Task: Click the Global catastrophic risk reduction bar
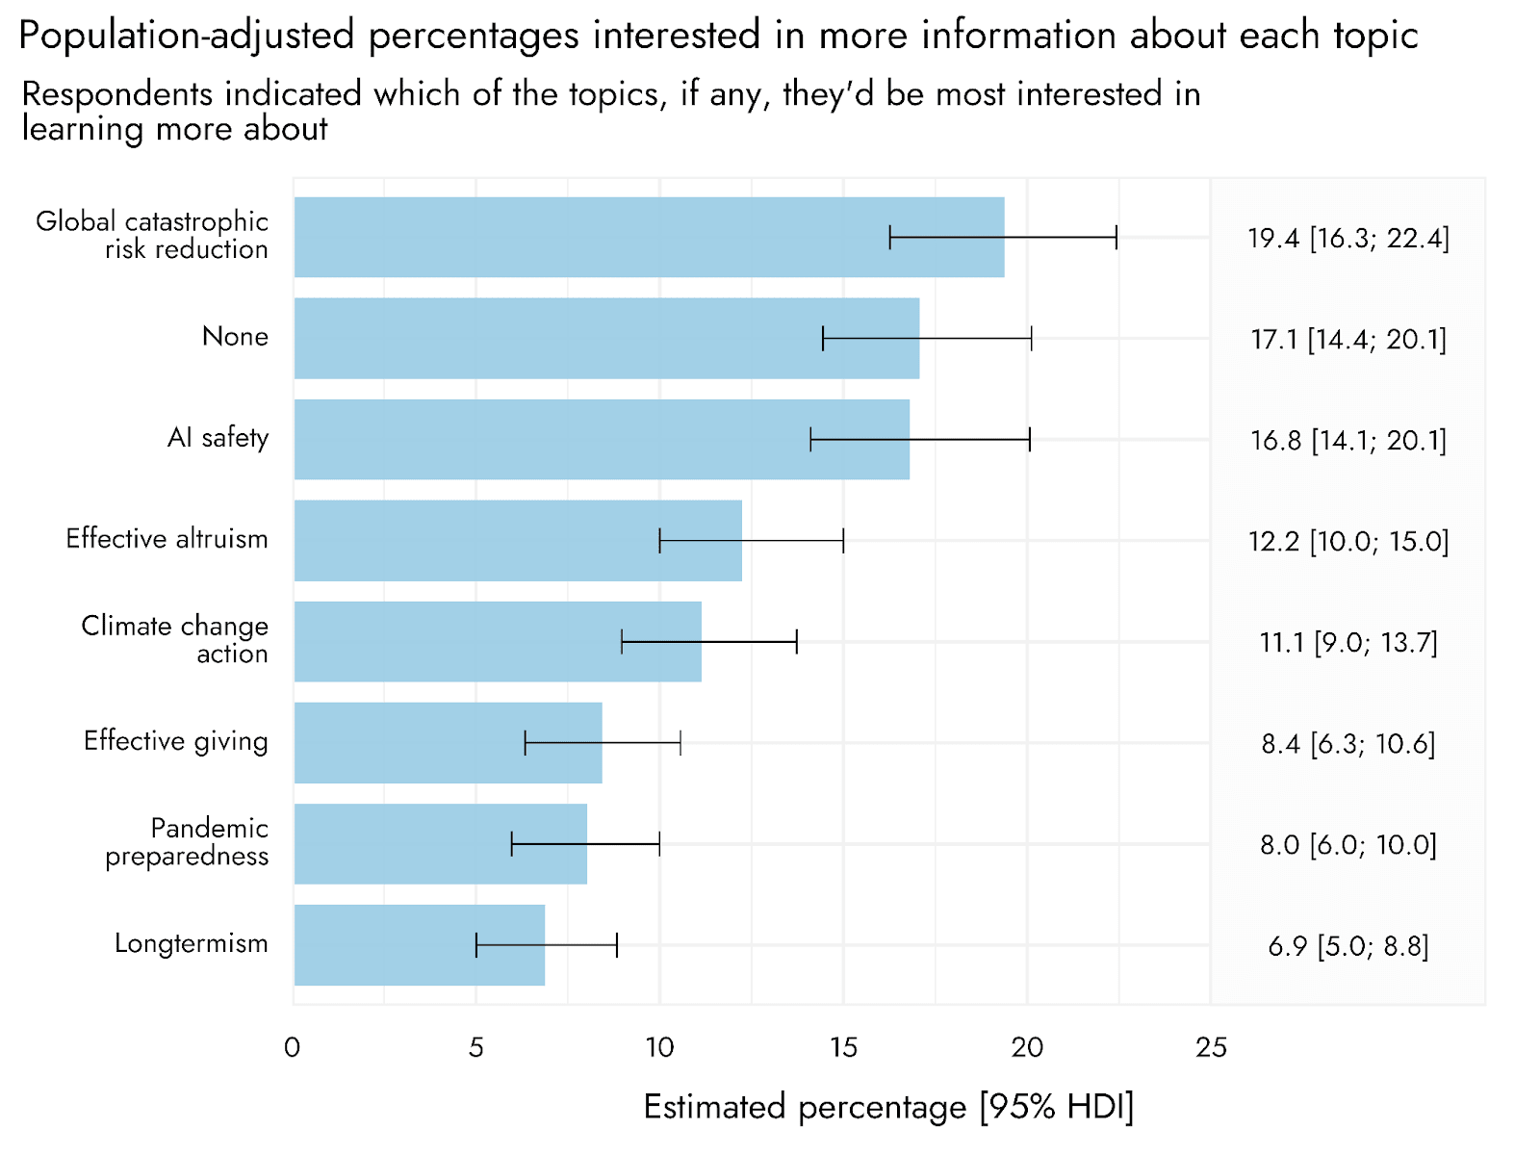point(649,237)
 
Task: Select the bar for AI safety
point(602,440)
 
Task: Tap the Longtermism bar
point(420,945)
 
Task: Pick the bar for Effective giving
point(448,743)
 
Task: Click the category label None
point(235,337)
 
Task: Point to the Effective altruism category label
point(167,539)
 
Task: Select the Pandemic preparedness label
point(187,843)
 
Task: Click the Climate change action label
point(175,639)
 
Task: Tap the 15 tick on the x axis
point(843,1048)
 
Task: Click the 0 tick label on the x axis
point(293,1048)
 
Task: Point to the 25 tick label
point(1211,1048)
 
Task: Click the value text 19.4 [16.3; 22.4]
point(1348,239)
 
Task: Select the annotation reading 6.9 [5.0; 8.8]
point(1348,946)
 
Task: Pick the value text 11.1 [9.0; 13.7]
point(1348,642)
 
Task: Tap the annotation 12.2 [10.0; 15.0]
point(1348,541)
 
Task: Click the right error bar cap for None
point(1032,338)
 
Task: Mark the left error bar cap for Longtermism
point(476,945)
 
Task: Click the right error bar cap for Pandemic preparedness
point(659,844)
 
